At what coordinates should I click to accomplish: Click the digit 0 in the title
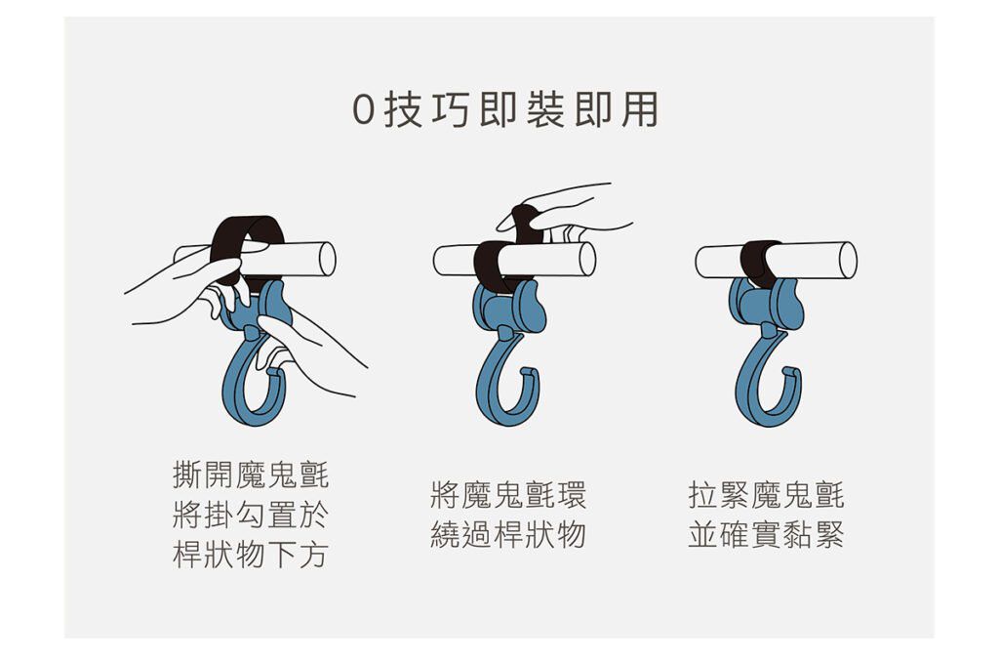(x=363, y=110)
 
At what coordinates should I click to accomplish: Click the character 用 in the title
(x=639, y=109)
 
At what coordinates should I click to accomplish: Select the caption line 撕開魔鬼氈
(x=251, y=476)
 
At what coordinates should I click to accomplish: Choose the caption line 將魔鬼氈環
(x=508, y=495)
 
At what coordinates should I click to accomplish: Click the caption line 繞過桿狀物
(x=508, y=535)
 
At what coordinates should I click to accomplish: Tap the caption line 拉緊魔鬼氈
(x=766, y=495)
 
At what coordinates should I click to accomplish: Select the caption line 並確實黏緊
(x=766, y=535)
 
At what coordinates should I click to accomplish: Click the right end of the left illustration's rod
(x=327, y=259)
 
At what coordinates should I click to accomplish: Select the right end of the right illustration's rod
(x=848, y=260)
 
